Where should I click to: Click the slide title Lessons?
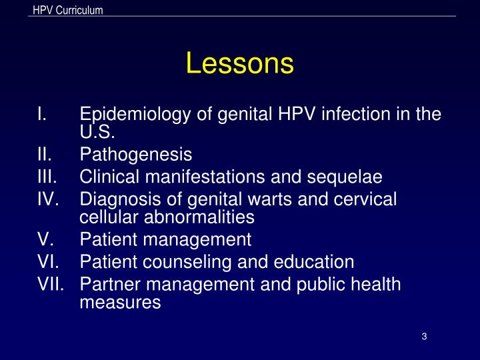[x=239, y=63]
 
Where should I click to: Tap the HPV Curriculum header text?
[x=67, y=9]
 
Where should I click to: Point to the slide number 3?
[x=424, y=336]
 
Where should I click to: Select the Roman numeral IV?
[x=49, y=199]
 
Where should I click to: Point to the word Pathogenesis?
[x=135, y=155]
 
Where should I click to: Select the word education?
[x=313, y=262]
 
